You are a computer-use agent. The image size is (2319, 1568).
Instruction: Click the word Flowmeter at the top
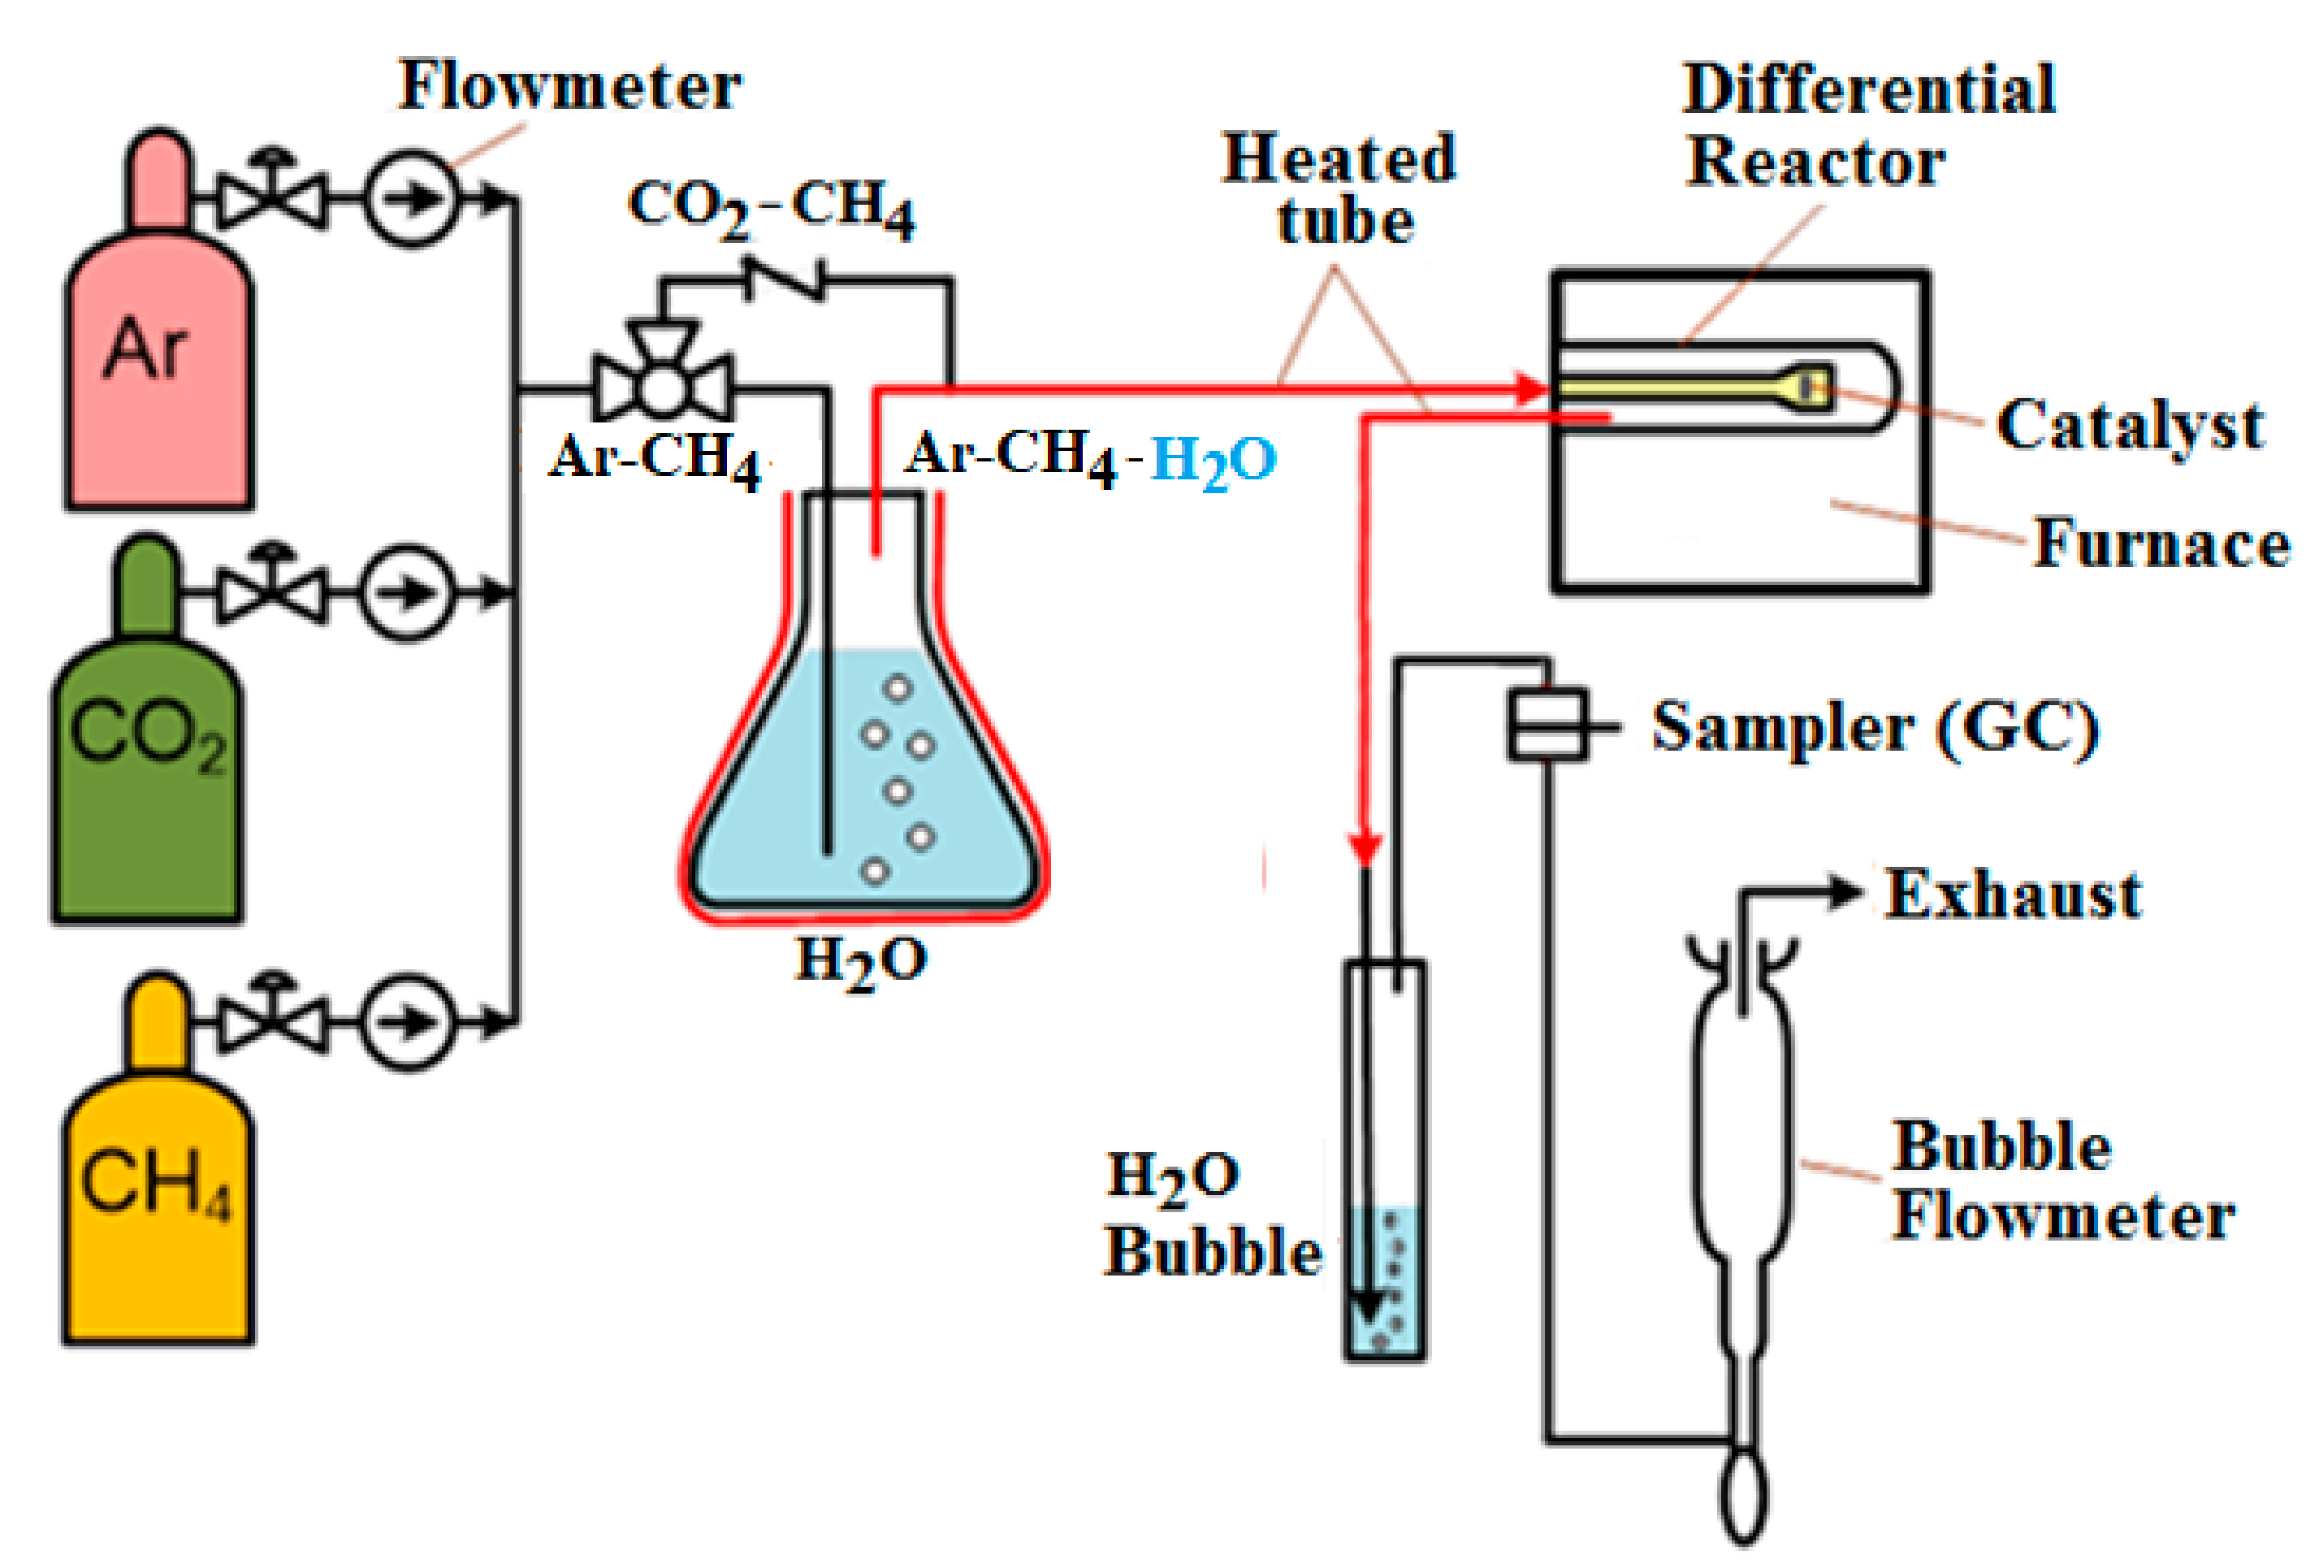(x=569, y=86)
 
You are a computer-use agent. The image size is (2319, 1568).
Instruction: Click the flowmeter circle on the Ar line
(x=410, y=198)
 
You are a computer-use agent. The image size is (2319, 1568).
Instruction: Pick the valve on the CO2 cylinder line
(x=271, y=593)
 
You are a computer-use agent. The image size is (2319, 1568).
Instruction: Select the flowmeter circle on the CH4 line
(x=406, y=1022)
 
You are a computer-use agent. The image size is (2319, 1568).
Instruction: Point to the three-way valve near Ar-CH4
(x=661, y=384)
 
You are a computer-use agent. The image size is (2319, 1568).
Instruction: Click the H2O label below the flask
(x=860, y=960)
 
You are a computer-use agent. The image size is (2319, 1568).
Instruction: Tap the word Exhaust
(x=2013, y=894)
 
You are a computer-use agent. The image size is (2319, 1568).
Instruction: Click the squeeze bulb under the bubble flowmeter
(x=1742, y=1497)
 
